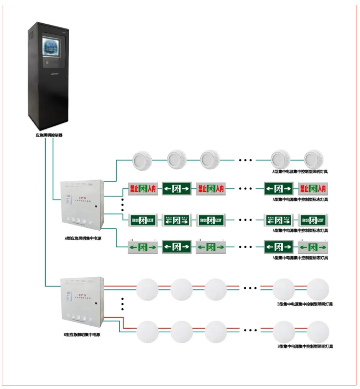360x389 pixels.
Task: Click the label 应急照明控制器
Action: (49, 135)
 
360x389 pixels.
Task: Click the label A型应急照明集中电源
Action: (83, 238)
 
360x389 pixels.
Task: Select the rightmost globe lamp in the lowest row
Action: (318, 332)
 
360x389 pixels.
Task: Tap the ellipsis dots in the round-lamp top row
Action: (246, 160)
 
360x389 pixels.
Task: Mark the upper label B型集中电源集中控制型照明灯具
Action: (305, 304)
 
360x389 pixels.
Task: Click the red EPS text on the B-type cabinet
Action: (82, 295)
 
